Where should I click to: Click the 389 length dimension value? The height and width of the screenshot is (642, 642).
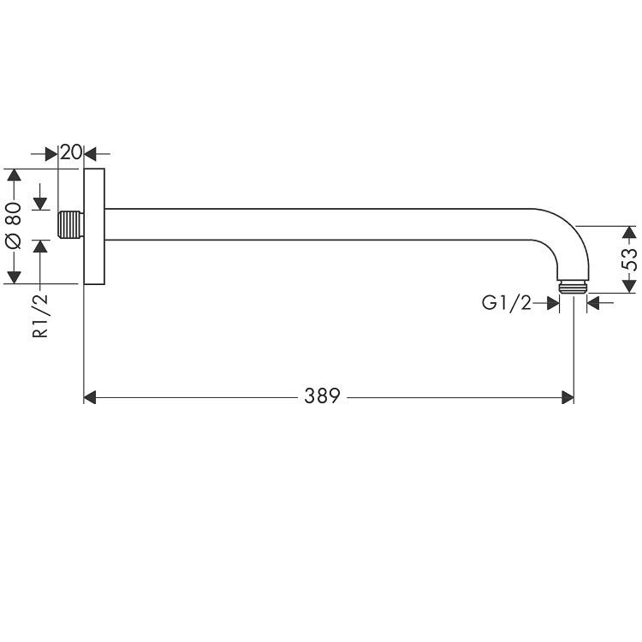point(322,396)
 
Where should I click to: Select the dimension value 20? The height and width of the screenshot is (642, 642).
point(71,153)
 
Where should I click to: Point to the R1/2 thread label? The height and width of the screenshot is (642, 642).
point(40,316)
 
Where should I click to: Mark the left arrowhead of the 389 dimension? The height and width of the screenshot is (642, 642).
point(90,396)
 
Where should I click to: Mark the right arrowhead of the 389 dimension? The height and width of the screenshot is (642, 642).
point(567,396)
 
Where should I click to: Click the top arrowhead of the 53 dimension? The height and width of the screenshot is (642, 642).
point(628,232)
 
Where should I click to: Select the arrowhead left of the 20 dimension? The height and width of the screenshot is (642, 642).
point(51,154)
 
